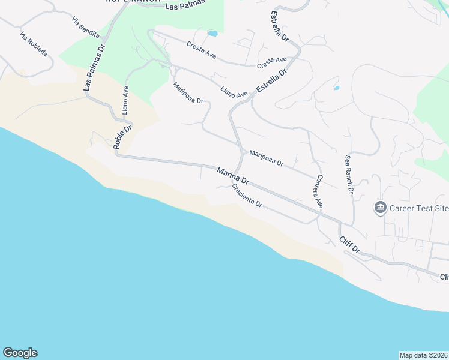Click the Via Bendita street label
point(85,28)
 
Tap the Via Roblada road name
point(33,44)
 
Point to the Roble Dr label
point(122,138)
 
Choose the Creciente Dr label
point(247,196)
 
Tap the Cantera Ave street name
point(319,191)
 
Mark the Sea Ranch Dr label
point(348,174)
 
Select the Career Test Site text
point(419,209)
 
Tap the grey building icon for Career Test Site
point(380,208)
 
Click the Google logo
point(20,353)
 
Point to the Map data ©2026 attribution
point(423,355)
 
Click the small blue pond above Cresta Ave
point(212,34)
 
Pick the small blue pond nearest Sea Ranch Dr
point(336,88)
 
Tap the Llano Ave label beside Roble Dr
point(125,100)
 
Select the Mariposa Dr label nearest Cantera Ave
point(266,159)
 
